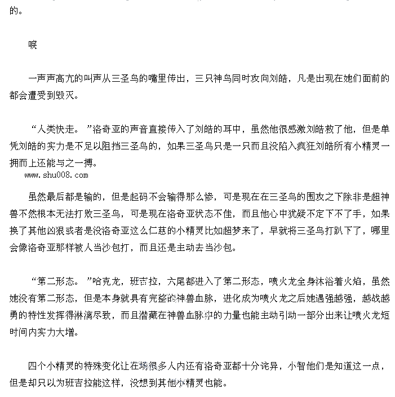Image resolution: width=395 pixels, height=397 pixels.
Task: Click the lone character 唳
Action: (x=33, y=45)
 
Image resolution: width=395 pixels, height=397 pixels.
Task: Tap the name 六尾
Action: (x=177, y=281)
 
